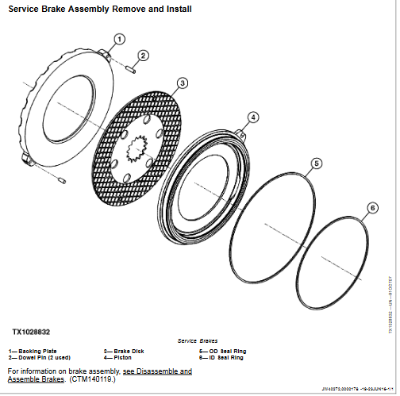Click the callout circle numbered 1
119,38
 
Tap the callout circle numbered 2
143,55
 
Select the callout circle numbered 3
181,83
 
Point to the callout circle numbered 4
252,117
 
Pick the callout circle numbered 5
316,163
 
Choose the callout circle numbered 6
372,209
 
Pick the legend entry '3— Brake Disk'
125,350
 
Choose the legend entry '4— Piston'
119,357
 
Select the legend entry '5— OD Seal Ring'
223,350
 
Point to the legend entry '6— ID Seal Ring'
222,357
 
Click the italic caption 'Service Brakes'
197,340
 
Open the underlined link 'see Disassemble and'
157,371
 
